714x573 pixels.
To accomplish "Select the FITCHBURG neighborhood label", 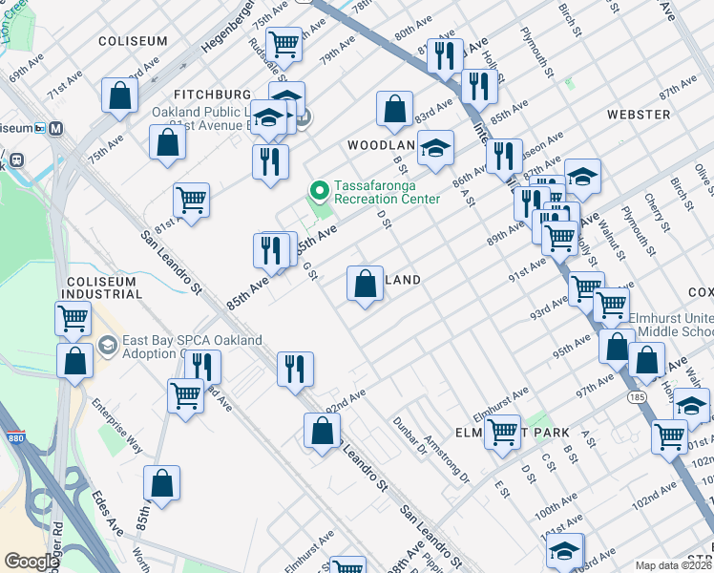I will point(211,95).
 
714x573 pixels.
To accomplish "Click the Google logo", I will point(31,562).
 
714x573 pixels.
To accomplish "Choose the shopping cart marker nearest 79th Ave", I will point(283,44).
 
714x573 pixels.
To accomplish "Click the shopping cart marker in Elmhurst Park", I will point(502,430).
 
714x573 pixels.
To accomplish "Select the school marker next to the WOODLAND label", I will point(435,149).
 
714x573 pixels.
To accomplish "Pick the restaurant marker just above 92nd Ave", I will point(295,369).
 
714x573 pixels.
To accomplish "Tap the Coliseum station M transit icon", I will point(55,128).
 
